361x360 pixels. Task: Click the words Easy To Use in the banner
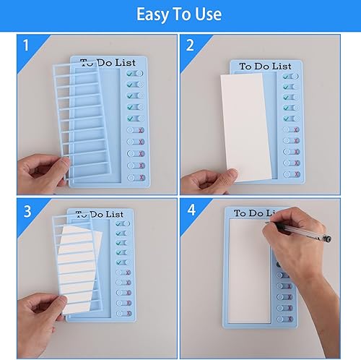tap(180, 14)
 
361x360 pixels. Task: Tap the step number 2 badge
tap(191, 46)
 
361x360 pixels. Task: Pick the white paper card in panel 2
tap(247, 126)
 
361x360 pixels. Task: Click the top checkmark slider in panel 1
tap(134, 74)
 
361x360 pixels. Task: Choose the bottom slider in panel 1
tap(135, 177)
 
